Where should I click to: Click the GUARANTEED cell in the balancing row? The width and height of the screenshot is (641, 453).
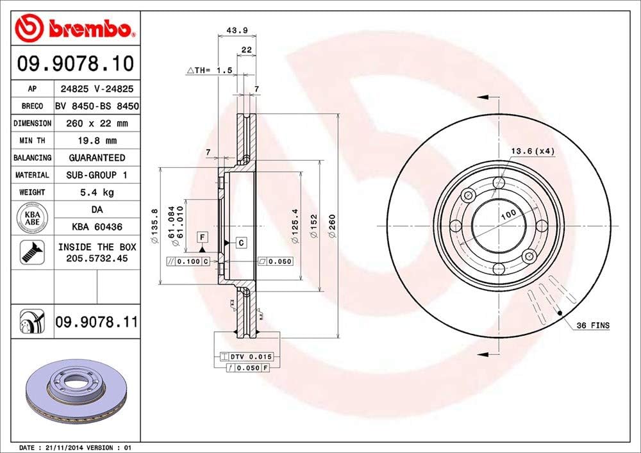97,158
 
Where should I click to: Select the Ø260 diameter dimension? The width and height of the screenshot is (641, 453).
332,226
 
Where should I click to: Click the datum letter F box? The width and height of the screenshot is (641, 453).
202,237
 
